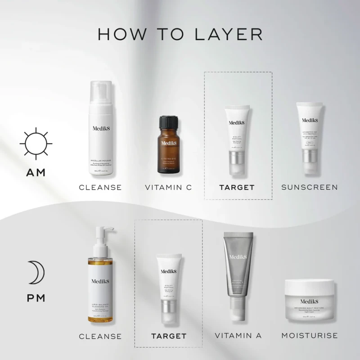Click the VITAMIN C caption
[168, 187]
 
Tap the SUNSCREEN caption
[310, 187]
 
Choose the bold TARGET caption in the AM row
[237, 187]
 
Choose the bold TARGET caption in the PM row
[169, 336]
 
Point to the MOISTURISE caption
[310, 336]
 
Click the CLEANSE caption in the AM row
[100, 187]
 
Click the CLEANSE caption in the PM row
[100, 336]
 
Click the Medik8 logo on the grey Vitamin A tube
[238, 257]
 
